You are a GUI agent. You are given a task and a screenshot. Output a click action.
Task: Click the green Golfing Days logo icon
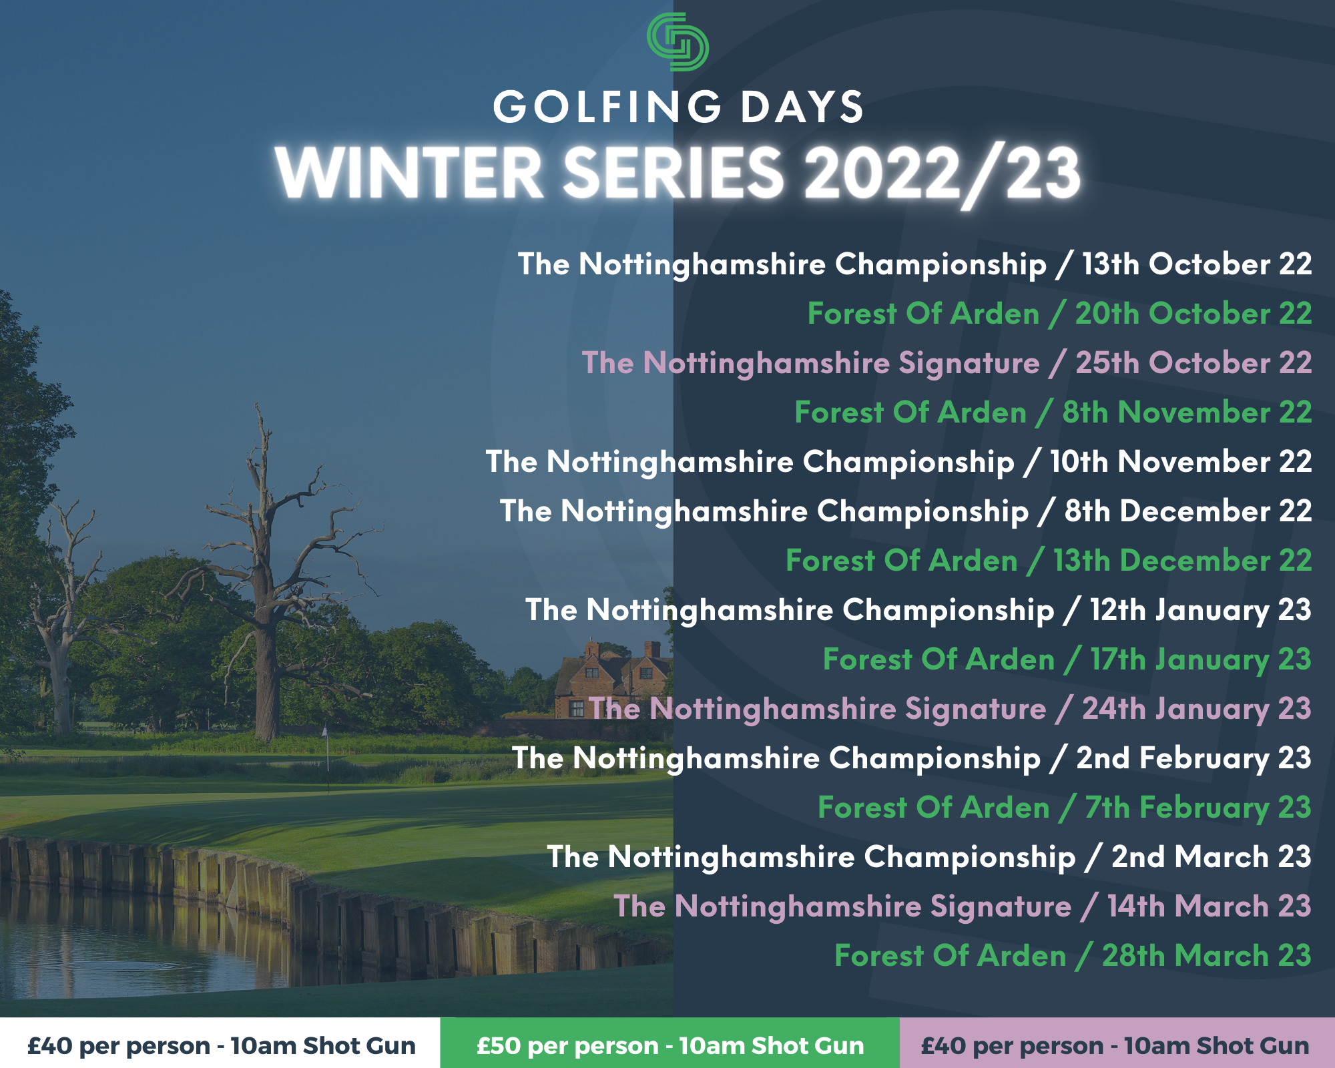[x=678, y=42]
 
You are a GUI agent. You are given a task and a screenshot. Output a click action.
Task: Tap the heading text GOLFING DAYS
[x=679, y=107]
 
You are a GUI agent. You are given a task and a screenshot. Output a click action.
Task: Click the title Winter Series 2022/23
[x=678, y=174]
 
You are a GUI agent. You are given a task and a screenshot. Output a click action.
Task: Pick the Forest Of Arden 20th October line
[x=1060, y=314]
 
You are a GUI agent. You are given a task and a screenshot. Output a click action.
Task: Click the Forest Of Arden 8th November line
[x=1053, y=413]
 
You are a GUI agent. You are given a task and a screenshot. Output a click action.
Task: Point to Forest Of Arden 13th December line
[x=1049, y=561]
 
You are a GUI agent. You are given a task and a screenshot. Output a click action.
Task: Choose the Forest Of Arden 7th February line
[x=1065, y=808]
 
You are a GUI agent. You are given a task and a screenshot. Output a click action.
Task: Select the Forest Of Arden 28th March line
[x=1073, y=956]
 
